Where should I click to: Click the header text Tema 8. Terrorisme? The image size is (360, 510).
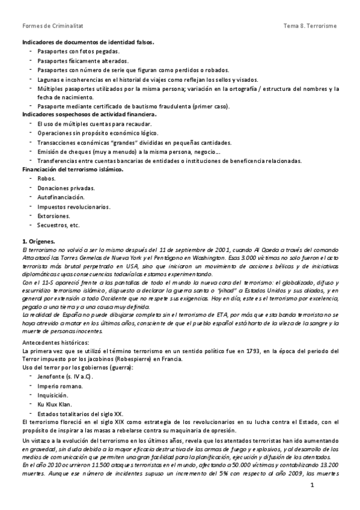310,26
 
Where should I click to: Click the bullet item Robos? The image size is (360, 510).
46,179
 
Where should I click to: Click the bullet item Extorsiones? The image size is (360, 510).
53,215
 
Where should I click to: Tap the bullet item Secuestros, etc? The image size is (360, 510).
58,225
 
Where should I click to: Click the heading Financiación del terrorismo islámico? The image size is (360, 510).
72,170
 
